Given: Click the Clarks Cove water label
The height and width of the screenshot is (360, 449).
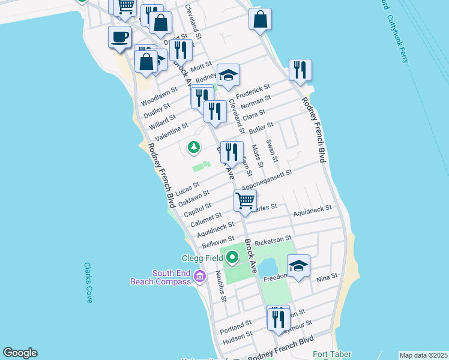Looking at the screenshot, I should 88,283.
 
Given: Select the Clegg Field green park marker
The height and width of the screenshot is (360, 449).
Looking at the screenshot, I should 232,258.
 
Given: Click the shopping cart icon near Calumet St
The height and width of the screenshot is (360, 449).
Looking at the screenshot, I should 245,200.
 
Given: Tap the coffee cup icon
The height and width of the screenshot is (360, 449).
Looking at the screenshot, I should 119,37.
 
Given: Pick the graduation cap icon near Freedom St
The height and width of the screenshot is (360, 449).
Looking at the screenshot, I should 298,266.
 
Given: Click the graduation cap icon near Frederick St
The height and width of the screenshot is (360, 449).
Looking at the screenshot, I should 228,75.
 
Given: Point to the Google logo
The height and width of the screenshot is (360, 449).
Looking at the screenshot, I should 20,353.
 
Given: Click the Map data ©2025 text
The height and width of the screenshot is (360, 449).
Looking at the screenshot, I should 423,355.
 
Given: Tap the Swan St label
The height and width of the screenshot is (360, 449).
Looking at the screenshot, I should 272,151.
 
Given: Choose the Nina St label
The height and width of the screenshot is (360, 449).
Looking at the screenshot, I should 327,278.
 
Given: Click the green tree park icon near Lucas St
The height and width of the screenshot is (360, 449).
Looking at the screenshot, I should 193,146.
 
